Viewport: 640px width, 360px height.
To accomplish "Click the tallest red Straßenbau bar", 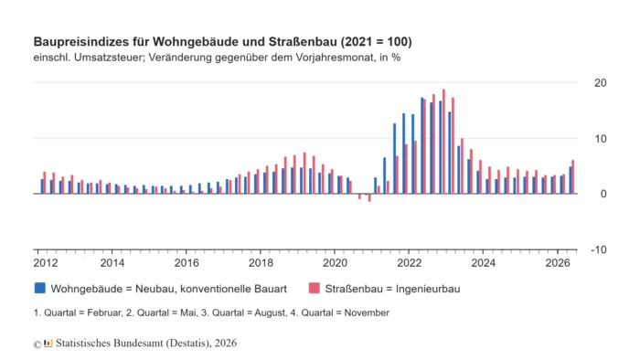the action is click(x=443, y=142).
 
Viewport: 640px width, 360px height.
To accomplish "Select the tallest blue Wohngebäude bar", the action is click(x=422, y=145).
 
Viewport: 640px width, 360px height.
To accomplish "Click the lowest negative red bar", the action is click(x=369, y=197).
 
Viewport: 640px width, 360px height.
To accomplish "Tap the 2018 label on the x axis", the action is click(x=261, y=263).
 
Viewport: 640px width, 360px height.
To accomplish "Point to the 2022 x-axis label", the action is click(x=410, y=263).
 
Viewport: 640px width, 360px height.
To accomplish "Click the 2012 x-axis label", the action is click(x=46, y=263).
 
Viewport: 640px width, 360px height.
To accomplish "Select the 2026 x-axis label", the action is click(x=558, y=263).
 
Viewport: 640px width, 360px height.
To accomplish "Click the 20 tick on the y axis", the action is click(x=601, y=83).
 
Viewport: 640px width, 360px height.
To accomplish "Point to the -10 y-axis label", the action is click(x=598, y=249).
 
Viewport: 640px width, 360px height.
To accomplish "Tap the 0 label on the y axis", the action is click(x=603, y=194).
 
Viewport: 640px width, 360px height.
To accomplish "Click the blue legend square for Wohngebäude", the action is click(x=40, y=288).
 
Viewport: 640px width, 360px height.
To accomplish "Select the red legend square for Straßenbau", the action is click(x=315, y=288).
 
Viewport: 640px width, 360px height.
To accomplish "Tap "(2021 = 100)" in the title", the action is click(x=377, y=42).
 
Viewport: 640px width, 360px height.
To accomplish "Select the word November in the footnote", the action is click(x=367, y=312).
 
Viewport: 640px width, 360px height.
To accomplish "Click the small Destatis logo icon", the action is click(x=48, y=343).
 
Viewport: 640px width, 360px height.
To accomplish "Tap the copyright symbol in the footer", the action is click(x=37, y=344).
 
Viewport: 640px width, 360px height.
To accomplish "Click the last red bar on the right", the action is click(x=572, y=177).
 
